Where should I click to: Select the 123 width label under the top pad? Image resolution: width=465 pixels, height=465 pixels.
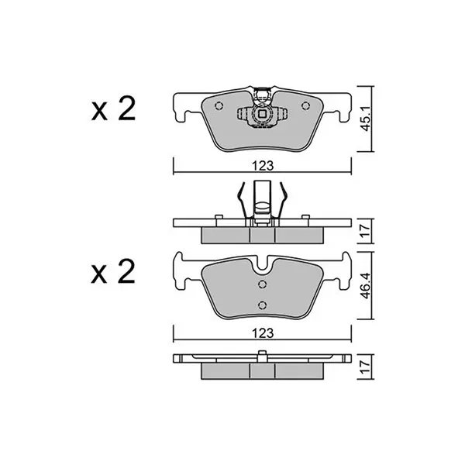click(263, 166)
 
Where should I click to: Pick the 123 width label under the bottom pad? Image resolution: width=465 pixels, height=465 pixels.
click(263, 333)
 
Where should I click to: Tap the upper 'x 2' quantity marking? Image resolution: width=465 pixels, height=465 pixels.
click(113, 108)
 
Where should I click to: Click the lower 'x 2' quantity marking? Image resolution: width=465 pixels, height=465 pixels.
click(113, 271)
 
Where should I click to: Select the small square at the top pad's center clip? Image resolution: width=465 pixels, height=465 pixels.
click(263, 114)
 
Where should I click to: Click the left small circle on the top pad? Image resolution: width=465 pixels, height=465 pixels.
click(219, 105)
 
